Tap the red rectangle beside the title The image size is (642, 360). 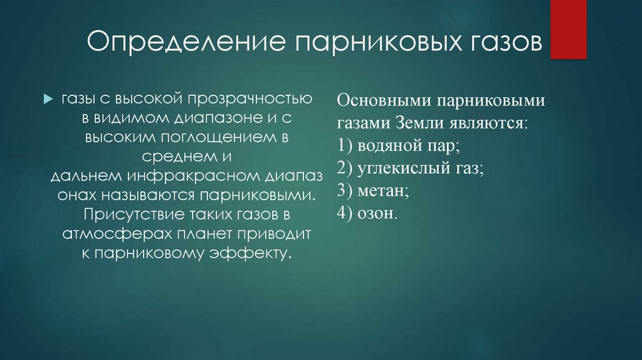(x=568, y=29)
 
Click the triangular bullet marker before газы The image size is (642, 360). (x=49, y=99)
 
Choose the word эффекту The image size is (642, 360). (x=251, y=254)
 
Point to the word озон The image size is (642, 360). (x=377, y=213)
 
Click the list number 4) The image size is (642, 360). (x=345, y=213)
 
